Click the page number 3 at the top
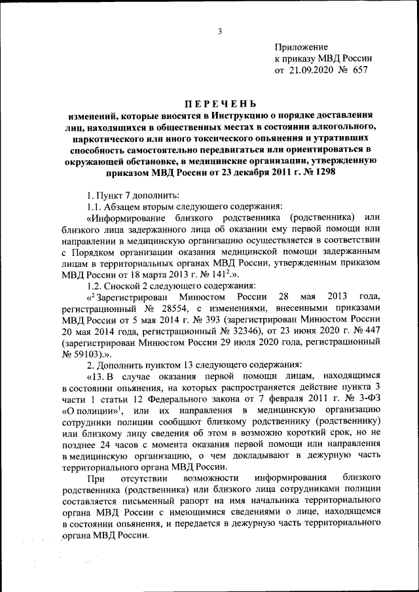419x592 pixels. pos(221,31)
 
